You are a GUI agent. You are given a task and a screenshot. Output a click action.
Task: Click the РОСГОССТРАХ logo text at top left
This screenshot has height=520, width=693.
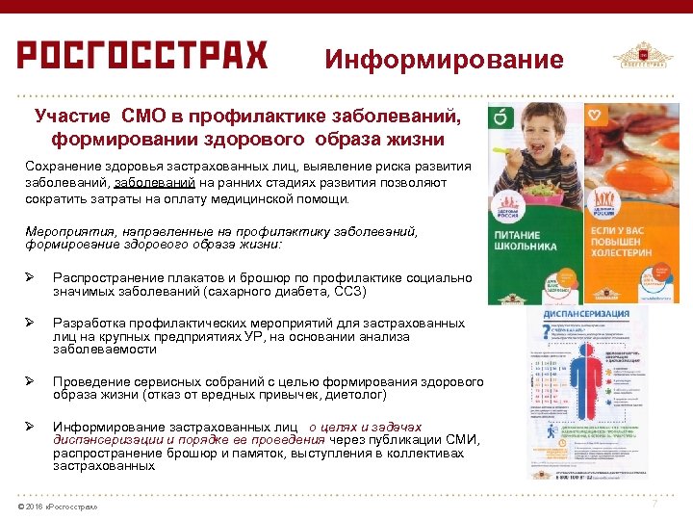tap(141, 55)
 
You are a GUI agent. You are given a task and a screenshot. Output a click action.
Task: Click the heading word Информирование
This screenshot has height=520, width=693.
tap(444, 60)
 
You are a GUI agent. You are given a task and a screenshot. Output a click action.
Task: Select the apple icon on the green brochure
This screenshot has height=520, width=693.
tap(500, 117)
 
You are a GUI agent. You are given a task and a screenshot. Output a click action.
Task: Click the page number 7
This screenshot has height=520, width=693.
tap(655, 504)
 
